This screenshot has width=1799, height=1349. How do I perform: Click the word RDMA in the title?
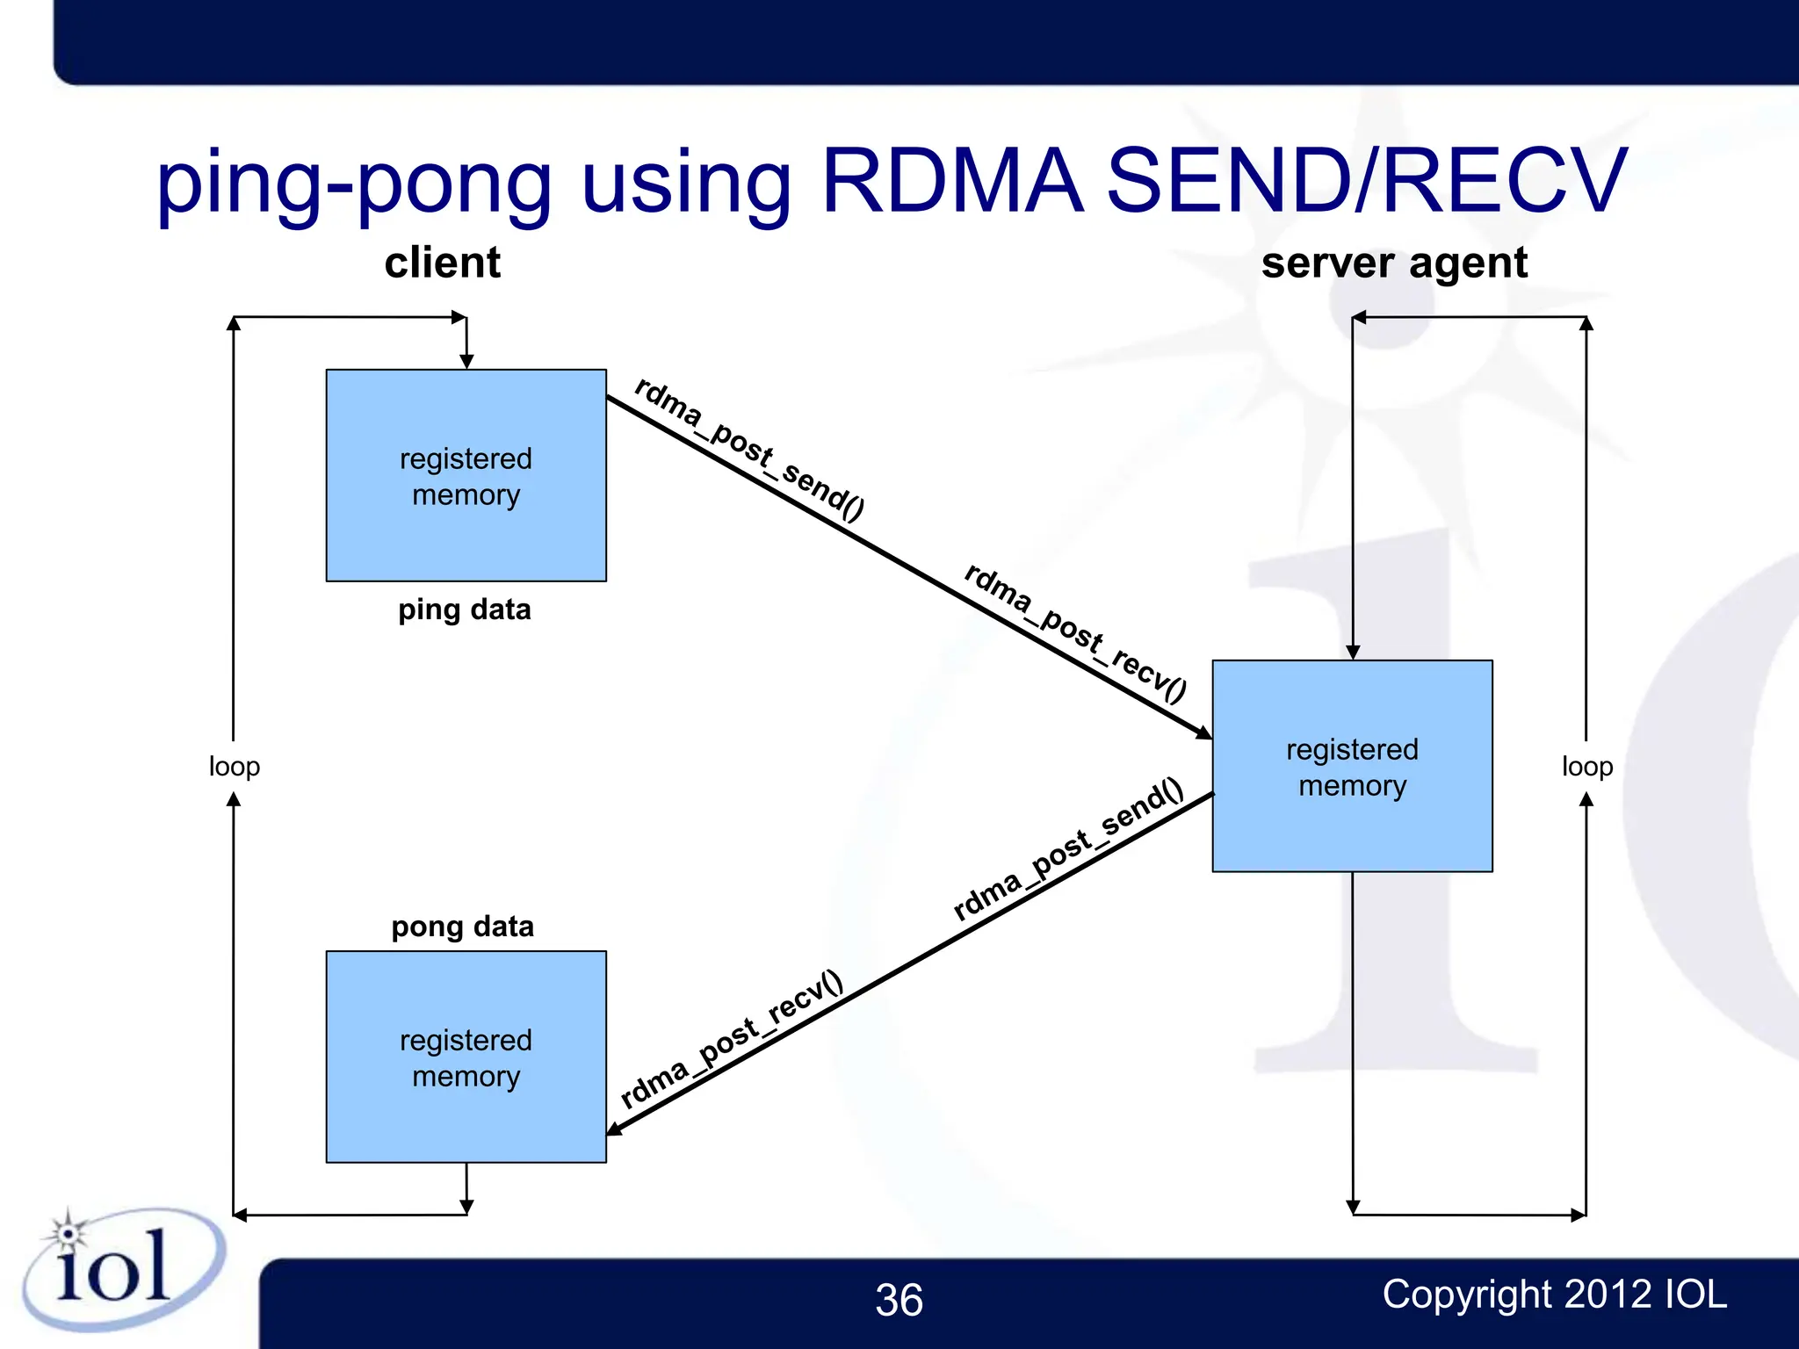click(952, 182)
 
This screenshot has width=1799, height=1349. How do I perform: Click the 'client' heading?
click(442, 263)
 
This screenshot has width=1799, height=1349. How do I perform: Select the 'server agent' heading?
click(1394, 263)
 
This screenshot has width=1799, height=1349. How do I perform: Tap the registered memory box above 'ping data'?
click(466, 475)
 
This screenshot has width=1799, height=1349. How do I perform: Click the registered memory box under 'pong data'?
click(466, 1057)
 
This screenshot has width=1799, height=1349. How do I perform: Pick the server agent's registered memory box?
click(1352, 766)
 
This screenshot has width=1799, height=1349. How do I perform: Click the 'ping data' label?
click(464, 610)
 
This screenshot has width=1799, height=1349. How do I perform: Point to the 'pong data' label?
click(462, 927)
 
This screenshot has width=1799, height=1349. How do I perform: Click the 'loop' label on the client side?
click(234, 767)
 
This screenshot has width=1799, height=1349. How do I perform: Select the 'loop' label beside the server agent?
click(1586, 767)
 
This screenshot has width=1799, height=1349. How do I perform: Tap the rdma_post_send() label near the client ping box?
click(749, 449)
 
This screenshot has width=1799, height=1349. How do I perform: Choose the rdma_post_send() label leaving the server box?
click(1068, 850)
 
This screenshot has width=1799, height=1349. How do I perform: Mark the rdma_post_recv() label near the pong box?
click(732, 1040)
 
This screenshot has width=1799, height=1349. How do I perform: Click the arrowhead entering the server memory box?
click(1204, 732)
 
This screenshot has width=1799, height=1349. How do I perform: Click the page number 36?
click(899, 1300)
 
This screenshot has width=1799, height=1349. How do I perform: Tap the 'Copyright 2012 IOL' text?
click(1554, 1295)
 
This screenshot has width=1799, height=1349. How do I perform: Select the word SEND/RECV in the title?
click(1367, 182)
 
